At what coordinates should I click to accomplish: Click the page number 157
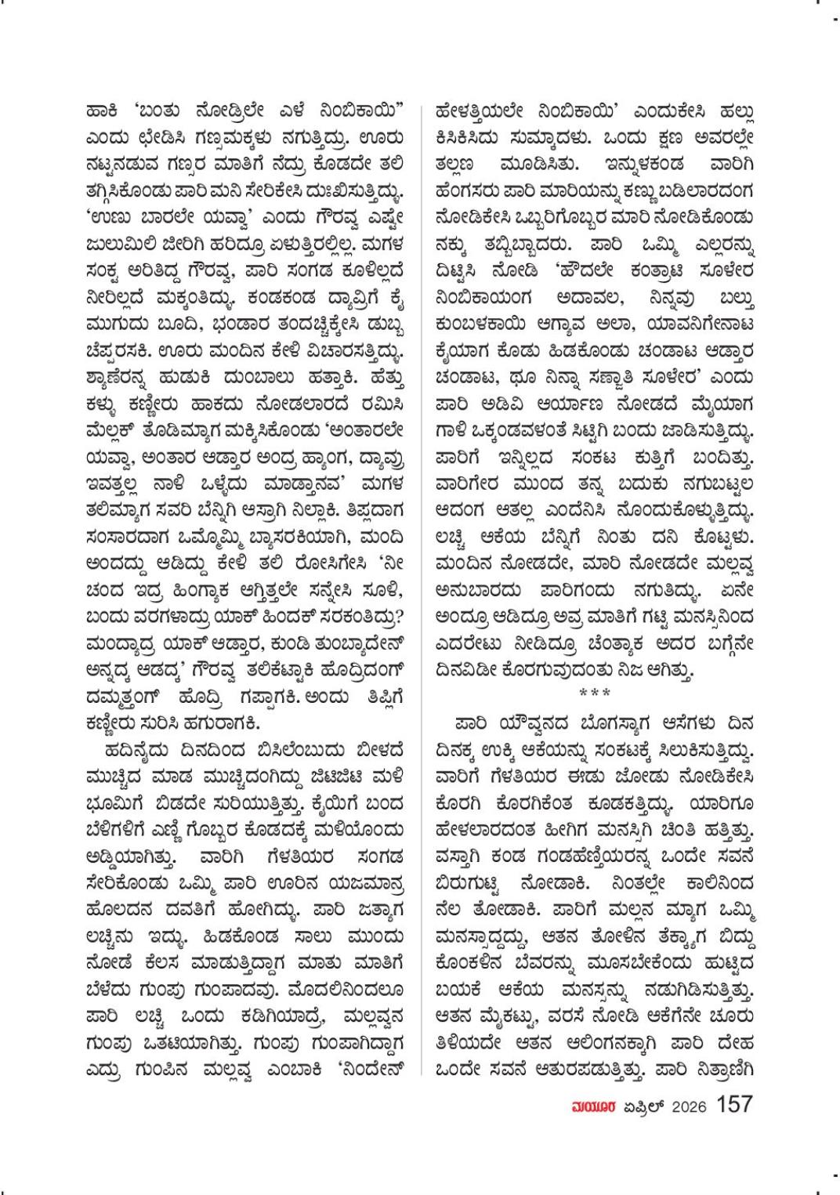pos(734,1105)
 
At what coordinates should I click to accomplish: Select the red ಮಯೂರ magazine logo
pos(586,1106)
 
